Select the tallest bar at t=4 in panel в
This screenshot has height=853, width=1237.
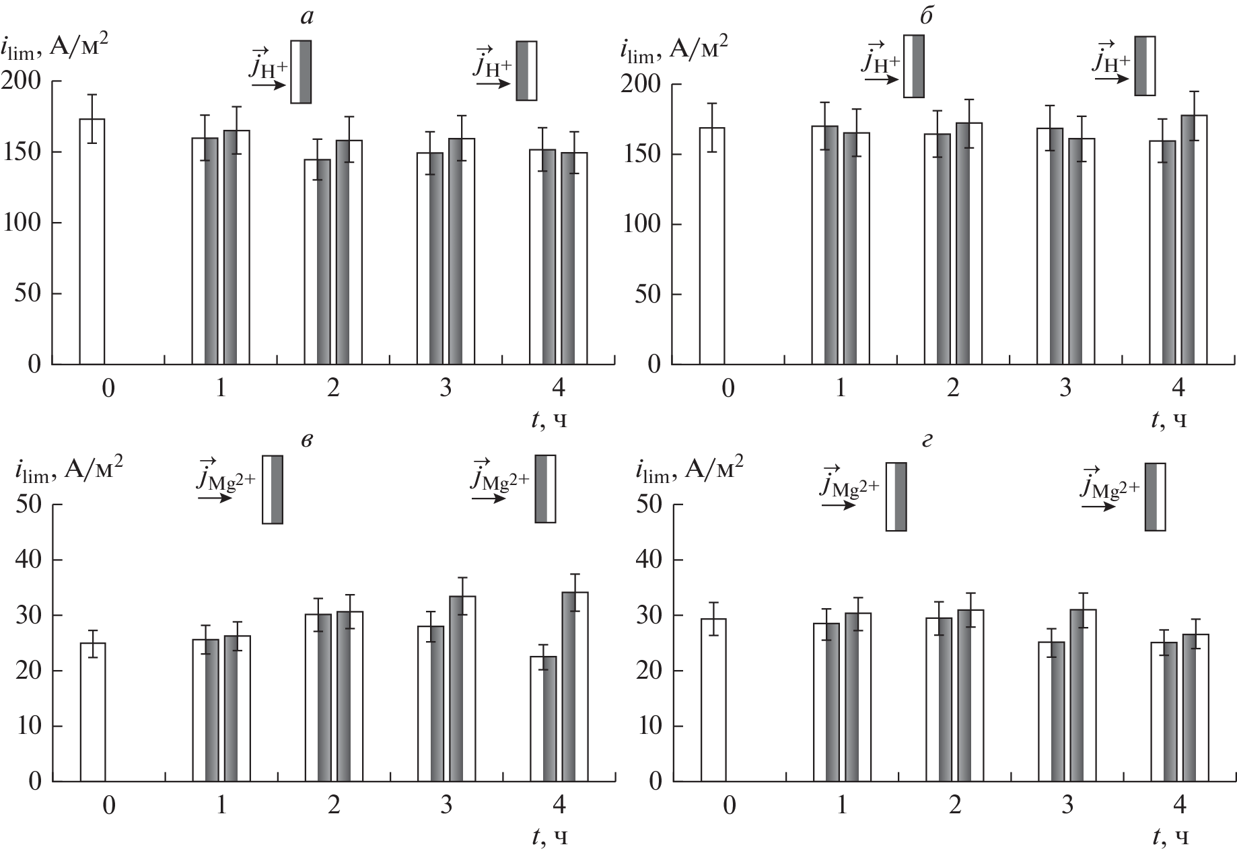(575, 686)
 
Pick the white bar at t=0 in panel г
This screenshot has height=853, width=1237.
(713, 700)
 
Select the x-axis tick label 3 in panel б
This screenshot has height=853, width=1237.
(1065, 389)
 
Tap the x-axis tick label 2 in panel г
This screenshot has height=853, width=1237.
(954, 805)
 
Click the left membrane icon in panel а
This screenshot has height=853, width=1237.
(301, 71)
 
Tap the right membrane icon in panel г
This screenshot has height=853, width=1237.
(1155, 496)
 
